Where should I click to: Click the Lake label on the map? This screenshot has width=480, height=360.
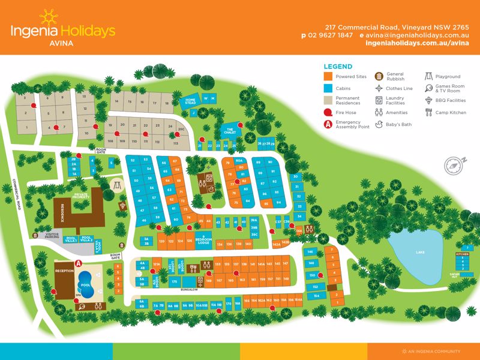[420, 253]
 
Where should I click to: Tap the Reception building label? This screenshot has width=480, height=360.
[64, 271]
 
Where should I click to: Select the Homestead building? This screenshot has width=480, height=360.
[190, 101]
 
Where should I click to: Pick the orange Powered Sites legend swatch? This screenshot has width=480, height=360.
[328, 77]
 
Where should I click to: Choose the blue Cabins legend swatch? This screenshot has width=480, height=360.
[328, 88]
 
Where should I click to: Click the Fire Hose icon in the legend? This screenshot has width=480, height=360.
[328, 112]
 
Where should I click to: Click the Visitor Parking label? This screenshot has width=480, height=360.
[52, 236]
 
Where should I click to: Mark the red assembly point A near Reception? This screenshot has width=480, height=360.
[77, 263]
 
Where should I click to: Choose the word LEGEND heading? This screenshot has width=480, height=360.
[338, 67]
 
